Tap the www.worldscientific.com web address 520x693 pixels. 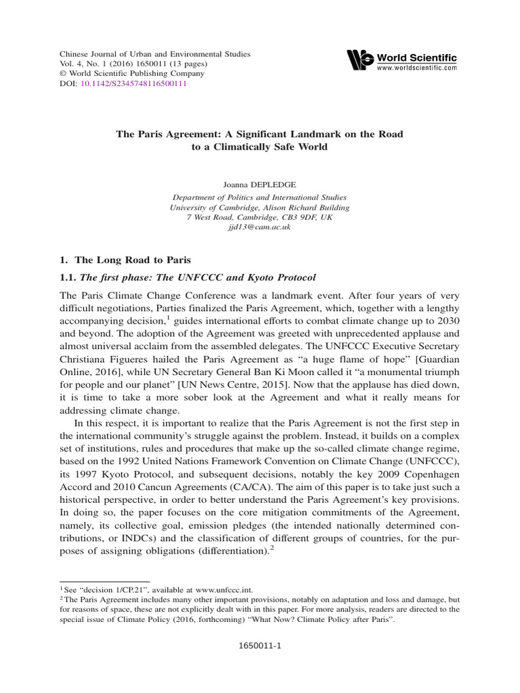(416, 68)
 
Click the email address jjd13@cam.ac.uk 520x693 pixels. (260, 229)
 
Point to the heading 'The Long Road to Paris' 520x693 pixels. (125, 260)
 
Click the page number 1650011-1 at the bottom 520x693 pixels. (260, 646)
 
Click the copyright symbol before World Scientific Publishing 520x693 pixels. (64, 74)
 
